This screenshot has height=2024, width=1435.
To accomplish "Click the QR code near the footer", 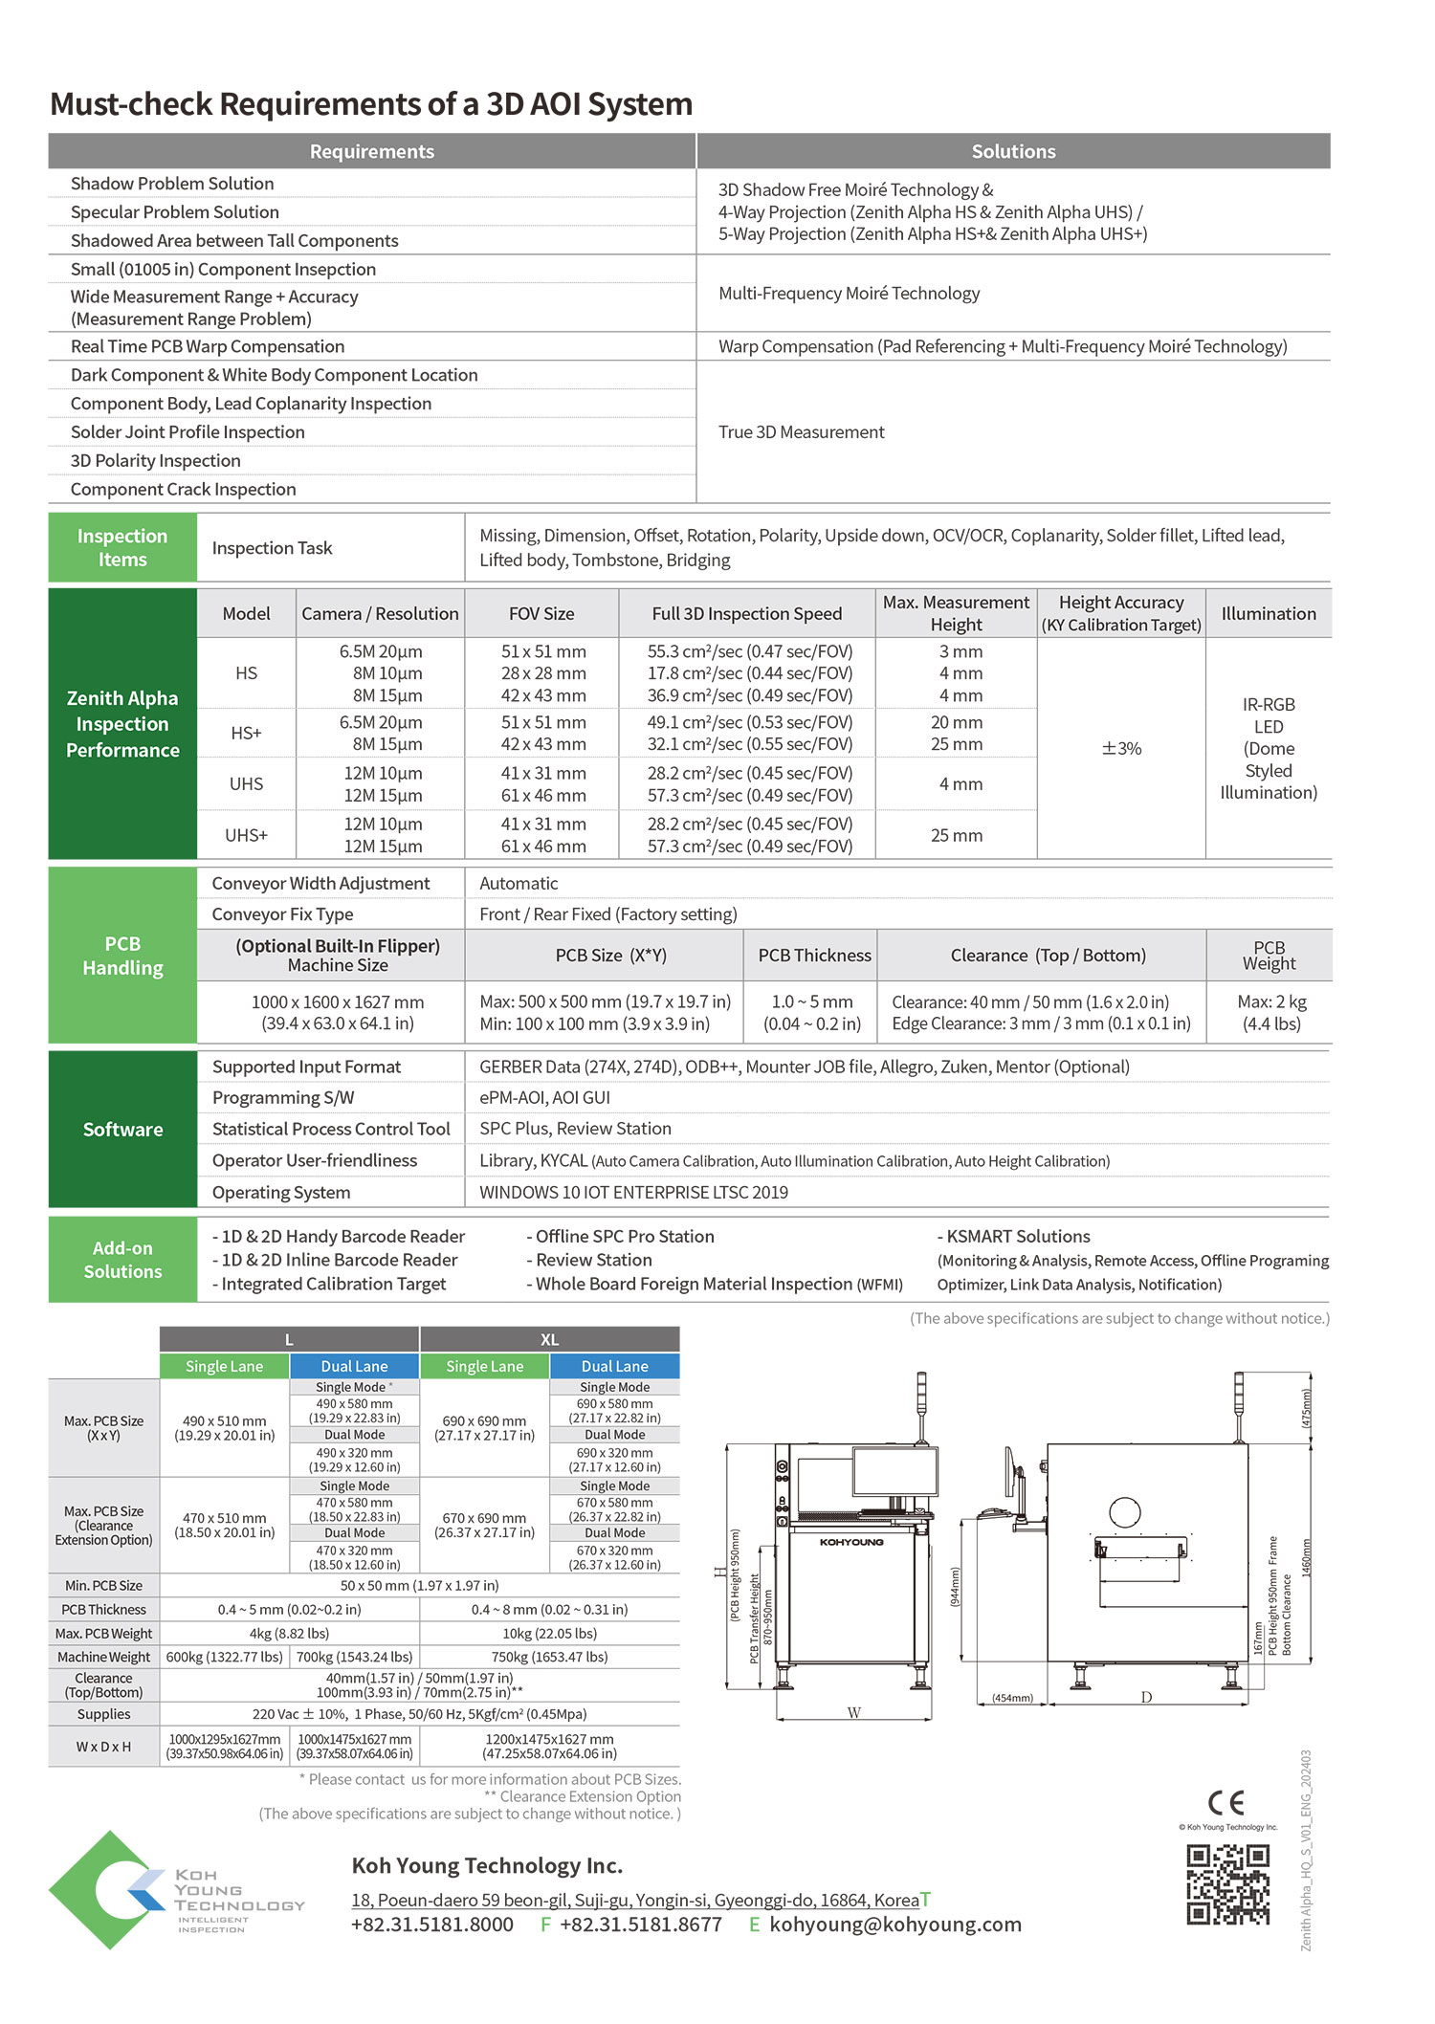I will pos(1227,1883).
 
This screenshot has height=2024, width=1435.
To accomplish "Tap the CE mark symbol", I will pos(1225,1802).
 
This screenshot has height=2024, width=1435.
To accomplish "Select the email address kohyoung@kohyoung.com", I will pos(894,1924).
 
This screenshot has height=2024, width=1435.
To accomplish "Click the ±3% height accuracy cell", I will pos(1121,748).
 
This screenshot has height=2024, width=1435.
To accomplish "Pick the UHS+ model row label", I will pos(246,835).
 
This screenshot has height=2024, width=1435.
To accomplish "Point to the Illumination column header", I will pos(1268,613).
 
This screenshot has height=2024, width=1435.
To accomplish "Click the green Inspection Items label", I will pos(122,547).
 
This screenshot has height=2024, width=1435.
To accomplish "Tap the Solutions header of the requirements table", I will pos(1013,151).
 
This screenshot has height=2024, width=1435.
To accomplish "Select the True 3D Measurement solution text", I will pos(802,432).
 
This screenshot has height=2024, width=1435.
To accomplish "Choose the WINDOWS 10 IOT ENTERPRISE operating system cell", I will pos(633,1192).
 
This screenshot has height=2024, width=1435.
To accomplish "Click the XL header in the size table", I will pos(549,1339).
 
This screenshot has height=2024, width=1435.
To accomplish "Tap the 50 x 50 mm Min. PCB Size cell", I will pos(419,1585).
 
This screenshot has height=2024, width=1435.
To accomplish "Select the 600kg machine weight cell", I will pos(224,1657).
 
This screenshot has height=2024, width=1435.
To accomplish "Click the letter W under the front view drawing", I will pos(853,1712).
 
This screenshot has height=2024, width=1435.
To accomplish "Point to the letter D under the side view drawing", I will pos(1146,1698).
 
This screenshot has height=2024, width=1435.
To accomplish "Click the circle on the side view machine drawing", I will pos(1124,1513).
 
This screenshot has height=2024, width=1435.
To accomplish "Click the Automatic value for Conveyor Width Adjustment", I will pos(519,883).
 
